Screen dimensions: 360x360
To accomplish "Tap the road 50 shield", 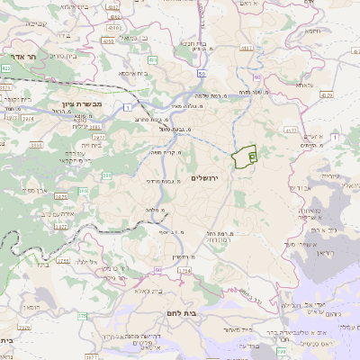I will pos(202,63).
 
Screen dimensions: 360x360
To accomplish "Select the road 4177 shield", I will pos(291,131).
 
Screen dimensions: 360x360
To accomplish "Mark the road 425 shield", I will pos(6,67).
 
